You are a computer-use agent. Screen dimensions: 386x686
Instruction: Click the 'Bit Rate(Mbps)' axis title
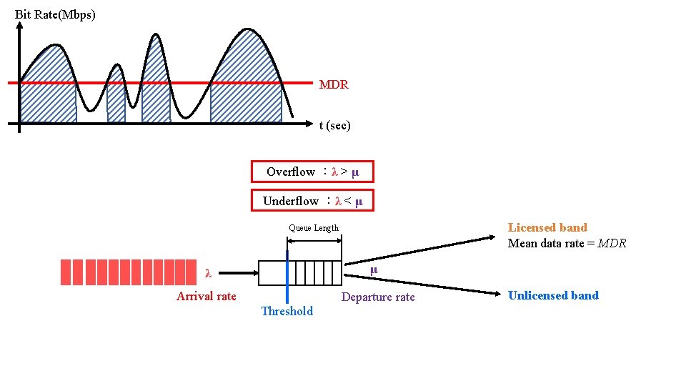click(x=55, y=14)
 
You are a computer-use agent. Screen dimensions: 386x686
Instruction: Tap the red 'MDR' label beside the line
click(x=334, y=84)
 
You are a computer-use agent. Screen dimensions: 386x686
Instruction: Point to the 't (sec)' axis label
click(x=334, y=125)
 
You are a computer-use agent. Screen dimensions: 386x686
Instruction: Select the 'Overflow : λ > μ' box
click(x=312, y=172)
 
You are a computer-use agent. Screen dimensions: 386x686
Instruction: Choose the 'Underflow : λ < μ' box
click(x=312, y=201)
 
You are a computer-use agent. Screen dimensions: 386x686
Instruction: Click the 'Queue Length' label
click(x=314, y=228)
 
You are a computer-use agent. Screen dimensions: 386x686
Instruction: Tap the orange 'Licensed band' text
click(x=547, y=227)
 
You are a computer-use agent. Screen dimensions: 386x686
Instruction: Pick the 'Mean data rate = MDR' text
click(x=567, y=243)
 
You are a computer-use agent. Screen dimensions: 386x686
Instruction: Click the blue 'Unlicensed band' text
click(x=553, y=295)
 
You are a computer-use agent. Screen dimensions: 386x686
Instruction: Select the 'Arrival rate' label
click(x=206, y=296)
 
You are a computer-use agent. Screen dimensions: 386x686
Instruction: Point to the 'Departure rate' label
click(x=378, y=297)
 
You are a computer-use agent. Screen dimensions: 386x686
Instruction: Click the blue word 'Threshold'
click(x=287, y=311)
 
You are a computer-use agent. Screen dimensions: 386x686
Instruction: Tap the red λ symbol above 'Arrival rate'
click(x=208, y=273)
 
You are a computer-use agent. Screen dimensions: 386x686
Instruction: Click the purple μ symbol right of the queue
click(x=373, y=269)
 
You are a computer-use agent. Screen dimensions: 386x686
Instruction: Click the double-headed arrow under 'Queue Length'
click(x=314, y=241)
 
